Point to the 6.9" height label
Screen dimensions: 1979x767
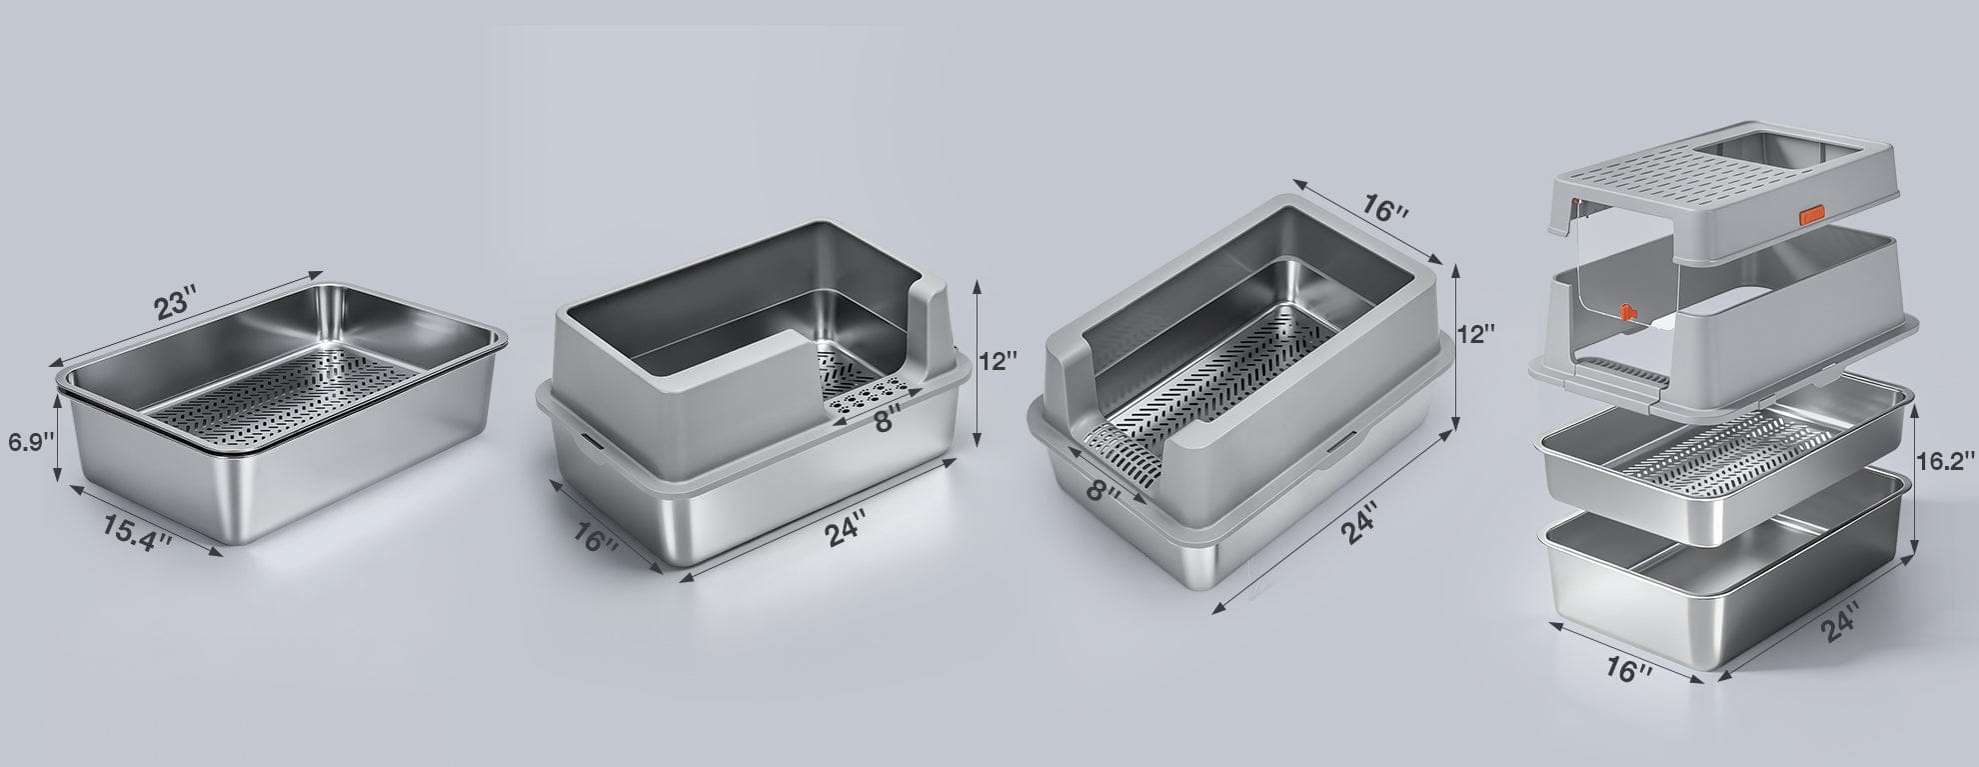pyautogui.click(x=28, y=441)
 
